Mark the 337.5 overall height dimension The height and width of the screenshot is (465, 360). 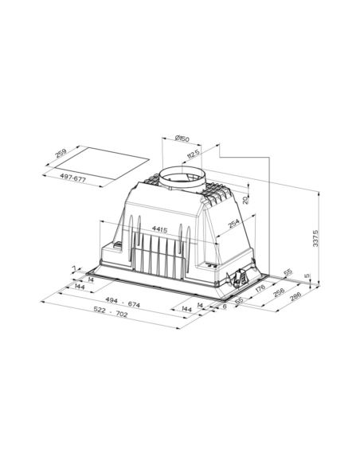pos(316,237)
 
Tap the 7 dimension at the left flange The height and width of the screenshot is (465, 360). pos(72,269)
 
